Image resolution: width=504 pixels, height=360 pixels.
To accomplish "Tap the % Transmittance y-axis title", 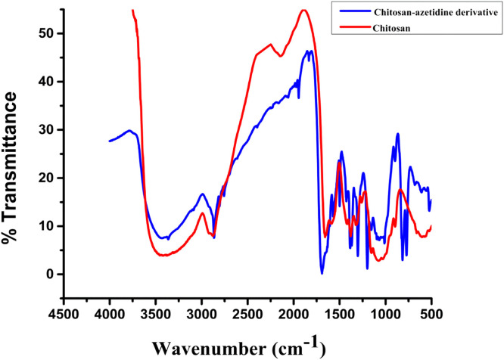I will [x=12, y=169].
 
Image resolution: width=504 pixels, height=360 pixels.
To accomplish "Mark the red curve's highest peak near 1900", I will [x=303, y=10].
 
